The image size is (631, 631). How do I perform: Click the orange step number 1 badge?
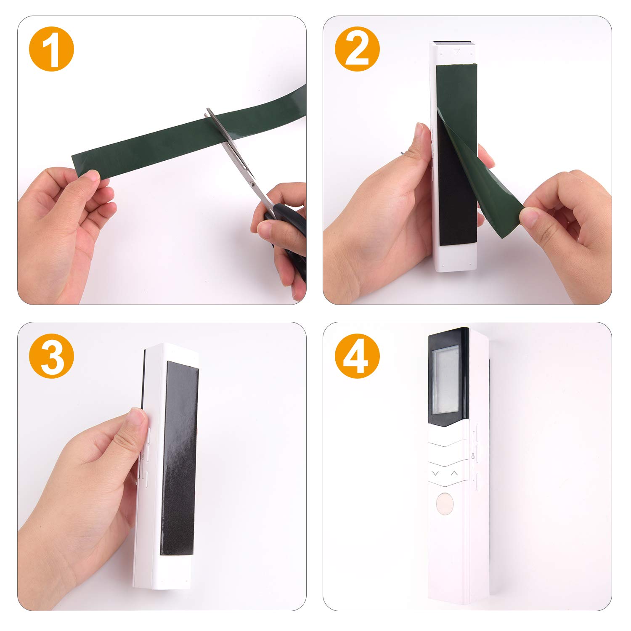pos(51,49)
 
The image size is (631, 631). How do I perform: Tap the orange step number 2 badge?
pos(357,49)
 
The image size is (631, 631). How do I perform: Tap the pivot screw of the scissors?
pos(251,183)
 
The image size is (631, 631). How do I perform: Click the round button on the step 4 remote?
pos(445,504)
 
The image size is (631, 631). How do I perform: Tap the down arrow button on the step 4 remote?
pos(435,473)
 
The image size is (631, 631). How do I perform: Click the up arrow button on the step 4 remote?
pos(454,473)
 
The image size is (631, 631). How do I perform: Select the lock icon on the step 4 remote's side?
pos(473,456)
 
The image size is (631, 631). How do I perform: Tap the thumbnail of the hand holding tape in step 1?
pos(92,177)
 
